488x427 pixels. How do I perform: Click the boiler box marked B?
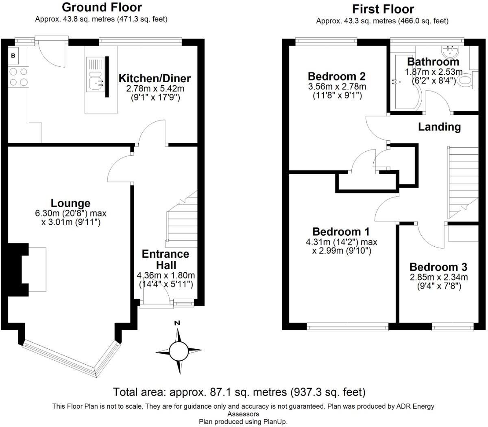pos(13,55)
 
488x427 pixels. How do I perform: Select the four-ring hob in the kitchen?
pos(18,77)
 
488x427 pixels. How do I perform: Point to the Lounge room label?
pos(70,203)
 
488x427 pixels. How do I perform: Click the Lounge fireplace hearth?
pos(37,269)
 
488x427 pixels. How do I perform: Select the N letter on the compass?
pos(177,323)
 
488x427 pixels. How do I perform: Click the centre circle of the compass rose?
pos(179,350)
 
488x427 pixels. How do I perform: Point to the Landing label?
pos(439,127)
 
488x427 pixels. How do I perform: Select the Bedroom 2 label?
pos(336,76)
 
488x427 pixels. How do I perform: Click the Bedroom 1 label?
pos(341,232)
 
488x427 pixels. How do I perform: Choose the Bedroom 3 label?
pos(438,267)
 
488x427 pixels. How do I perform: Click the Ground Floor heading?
pos(102,7)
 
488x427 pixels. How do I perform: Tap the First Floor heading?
pos(383,9)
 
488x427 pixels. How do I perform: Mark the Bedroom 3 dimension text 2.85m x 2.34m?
pos(438,277)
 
